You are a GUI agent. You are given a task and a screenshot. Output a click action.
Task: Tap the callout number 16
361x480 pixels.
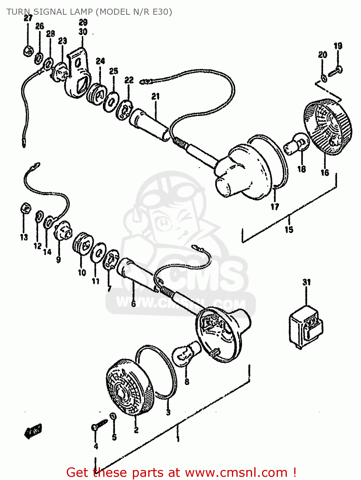[325, 172]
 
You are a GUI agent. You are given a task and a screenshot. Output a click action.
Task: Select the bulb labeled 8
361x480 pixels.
[186, 353]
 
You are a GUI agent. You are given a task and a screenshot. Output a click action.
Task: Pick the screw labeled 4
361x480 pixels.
[99, 425]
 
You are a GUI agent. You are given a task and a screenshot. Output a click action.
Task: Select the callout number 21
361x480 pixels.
[155, 96]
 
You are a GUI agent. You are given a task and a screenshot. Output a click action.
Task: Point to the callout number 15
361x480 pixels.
[289, 229]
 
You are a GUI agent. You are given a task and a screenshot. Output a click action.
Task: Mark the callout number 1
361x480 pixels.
[178, 438]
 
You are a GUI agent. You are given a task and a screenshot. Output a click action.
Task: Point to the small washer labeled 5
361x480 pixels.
[113, 416]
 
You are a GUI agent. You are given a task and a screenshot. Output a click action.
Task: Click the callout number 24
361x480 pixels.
[100, 61]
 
